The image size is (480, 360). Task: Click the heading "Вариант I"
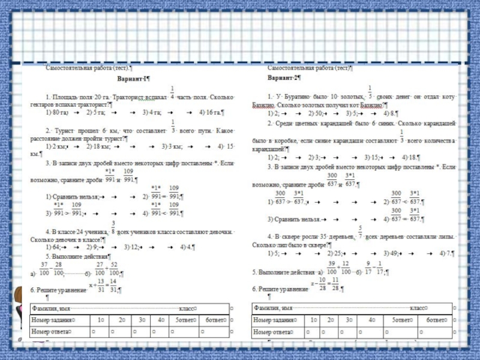coord(133,79)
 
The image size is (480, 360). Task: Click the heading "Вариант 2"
coord(284,78)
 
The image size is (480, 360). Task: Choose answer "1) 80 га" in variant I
coord(58,112)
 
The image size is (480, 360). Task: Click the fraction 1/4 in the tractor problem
coord(173,92)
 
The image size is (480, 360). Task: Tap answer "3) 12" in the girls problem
coord(131,247)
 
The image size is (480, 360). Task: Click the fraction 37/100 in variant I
coord(44,269)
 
